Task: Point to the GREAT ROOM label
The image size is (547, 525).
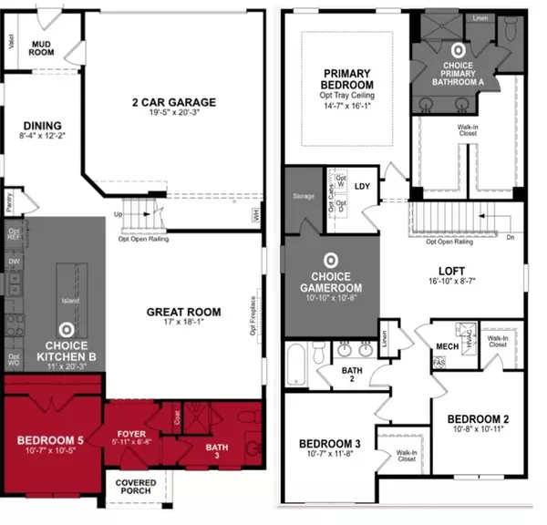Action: pos(185,312)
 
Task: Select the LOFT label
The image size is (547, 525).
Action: pos(451,270)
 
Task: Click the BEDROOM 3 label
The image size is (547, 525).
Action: pos(330,444)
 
